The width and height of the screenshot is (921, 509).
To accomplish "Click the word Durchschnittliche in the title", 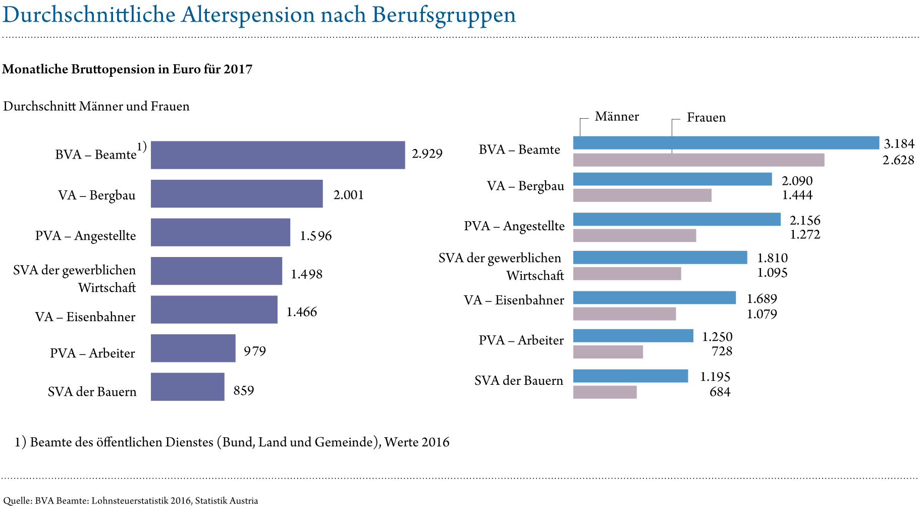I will (x=89, y=15).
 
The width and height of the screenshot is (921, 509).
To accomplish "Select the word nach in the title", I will (x=343, y=15).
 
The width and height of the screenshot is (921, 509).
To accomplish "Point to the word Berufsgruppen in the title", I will (x=444, y=15).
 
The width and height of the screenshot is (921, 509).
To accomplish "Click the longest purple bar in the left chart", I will (x=278, y=155).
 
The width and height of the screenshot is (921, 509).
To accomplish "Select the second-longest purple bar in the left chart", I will (x=237, y=194).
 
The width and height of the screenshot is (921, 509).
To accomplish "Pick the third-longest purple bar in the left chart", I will (x=221, y=232).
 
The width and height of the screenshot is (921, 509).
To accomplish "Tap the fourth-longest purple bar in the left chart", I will (x=216, y=271).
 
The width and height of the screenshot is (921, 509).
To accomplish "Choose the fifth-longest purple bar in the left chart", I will (x=214, y=310).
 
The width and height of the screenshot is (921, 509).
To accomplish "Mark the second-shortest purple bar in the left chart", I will (x=193, y=348).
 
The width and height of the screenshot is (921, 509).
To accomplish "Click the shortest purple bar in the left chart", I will (x=187, y=387).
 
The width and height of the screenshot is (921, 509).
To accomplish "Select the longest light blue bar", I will (x=726, y=143).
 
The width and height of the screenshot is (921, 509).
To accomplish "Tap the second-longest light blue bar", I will (x=677, y=220).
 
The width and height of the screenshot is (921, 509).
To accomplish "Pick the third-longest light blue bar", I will (x=672, y=179).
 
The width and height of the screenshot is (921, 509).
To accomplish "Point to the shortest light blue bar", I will (x=630, y=376).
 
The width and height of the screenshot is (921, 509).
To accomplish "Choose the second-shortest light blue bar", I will (x=633, y=336).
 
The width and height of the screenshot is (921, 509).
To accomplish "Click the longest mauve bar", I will (x=698, y=160).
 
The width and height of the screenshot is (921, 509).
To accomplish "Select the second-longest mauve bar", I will (x=642, y=195).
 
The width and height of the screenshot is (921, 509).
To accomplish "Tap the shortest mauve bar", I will (x=605, y=392).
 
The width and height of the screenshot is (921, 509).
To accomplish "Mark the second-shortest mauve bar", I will (x=608, y=352).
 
